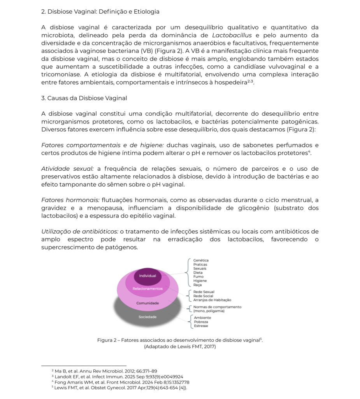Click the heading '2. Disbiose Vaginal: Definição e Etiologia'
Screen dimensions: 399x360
coord(100,12)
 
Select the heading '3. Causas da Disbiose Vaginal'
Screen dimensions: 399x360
coord(84,98)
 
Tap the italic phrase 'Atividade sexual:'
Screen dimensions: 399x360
coord(67,168)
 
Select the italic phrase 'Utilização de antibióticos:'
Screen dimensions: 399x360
coord(80,231)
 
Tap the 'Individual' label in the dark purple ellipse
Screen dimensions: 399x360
coord(148,276)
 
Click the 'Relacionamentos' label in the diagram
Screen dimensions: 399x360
coord(147,289)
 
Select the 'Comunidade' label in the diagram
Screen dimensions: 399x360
coord(147,303)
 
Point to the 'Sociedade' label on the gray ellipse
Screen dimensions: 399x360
coord(148,317)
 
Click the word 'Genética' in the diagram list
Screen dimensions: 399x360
coord(201,260)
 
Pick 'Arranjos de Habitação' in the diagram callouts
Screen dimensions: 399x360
coord(212,300)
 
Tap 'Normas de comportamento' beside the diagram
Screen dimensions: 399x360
coord(217,307)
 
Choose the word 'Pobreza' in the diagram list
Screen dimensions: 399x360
coord(201,322)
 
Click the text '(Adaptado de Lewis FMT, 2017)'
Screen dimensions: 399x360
coord(179,346)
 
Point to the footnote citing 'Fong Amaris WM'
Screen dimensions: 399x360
coord(120,382)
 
